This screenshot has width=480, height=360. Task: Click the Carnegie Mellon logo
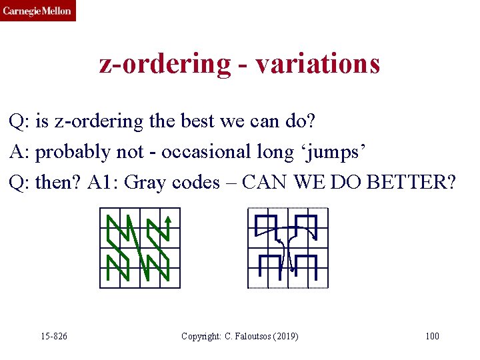tap(38, 11)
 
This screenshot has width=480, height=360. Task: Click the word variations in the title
tap(317, 63)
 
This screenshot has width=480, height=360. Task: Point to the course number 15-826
tap(53, 336)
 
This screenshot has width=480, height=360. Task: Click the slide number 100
tap(432, 336)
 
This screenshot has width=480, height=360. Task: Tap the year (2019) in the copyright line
tap(285, 336)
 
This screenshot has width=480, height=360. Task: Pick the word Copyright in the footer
tap(200, 336)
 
